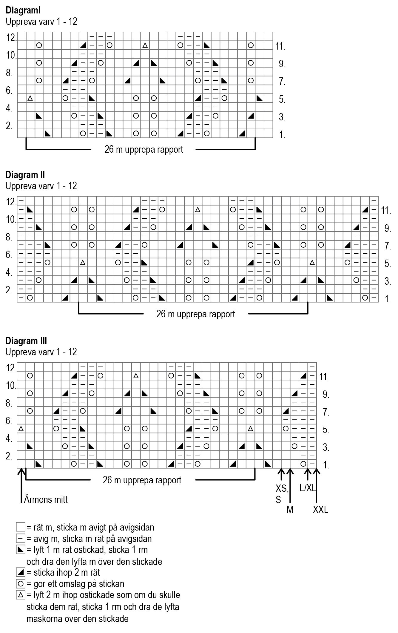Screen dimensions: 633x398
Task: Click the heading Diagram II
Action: pyautogui.click(x=25, y=175)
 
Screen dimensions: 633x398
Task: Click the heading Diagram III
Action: pyautogui.click(x=26, y=341)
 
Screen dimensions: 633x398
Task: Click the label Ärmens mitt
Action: pyautogui.click(x=46, y=499)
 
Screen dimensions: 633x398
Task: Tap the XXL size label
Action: pyautogui.click(x=321, y=510)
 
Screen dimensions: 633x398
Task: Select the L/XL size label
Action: pyautogui.click(x=307, y=488)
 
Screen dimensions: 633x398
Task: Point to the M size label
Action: pyautogui.click(x=290, y=510)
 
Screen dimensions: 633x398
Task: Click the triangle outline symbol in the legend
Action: pyautogui.click(x=21, y=595)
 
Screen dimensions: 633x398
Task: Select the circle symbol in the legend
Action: pyautogui.click(x=21, y=584)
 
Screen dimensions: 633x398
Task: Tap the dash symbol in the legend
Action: pyautogui.click(x=21, y=539)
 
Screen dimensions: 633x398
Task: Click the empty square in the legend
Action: pyautogui.click(x=21, y=528)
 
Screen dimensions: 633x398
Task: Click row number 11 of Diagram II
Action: pyautogui.click(x=386, y=211)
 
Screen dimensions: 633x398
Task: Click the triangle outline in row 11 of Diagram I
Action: pyautogui.click(x=145, y=45)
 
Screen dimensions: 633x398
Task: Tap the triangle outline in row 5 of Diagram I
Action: pyautogui.click(x=30, y=98)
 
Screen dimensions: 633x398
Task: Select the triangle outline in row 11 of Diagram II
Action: pyautogui.click(x=197, y=210)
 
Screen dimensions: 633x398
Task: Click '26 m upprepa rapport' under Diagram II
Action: pyautogui.click(x=196, y=314)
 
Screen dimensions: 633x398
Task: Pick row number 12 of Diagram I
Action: pyautogui.click(x=11, y=38)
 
